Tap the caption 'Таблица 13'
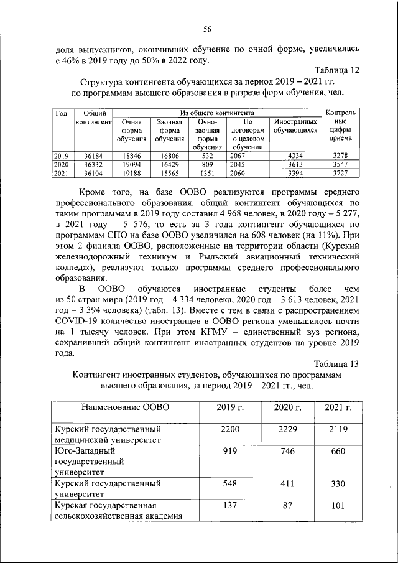[x=336, y=364]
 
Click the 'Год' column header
[x=61, y=113]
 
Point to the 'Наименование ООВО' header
[x=125, y=407]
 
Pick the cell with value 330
[x=338, y=483]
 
